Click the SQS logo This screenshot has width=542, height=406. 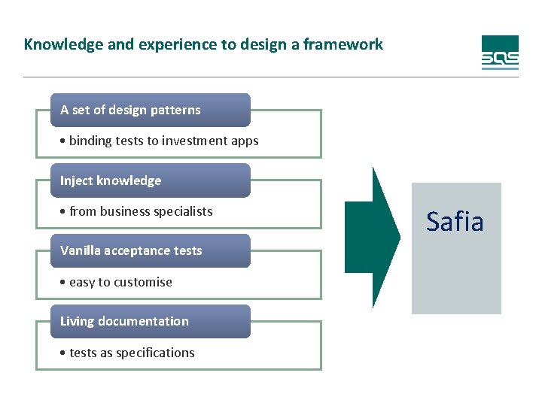pyautogui.click(x=500, y=53)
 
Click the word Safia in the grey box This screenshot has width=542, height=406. pyautogui.click(x=455, y=222)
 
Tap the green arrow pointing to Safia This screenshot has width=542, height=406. pyautogui.click(x=373, y=237)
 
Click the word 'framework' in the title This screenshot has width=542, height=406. pyautogui.click(x=349, y=44)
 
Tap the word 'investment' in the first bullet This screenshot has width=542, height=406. pyautogui.click(x=199, y=141)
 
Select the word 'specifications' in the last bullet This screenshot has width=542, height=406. pyautogui.click(x=156, y=353)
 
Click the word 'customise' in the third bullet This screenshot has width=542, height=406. pyautogui.click(x=143, y=282)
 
